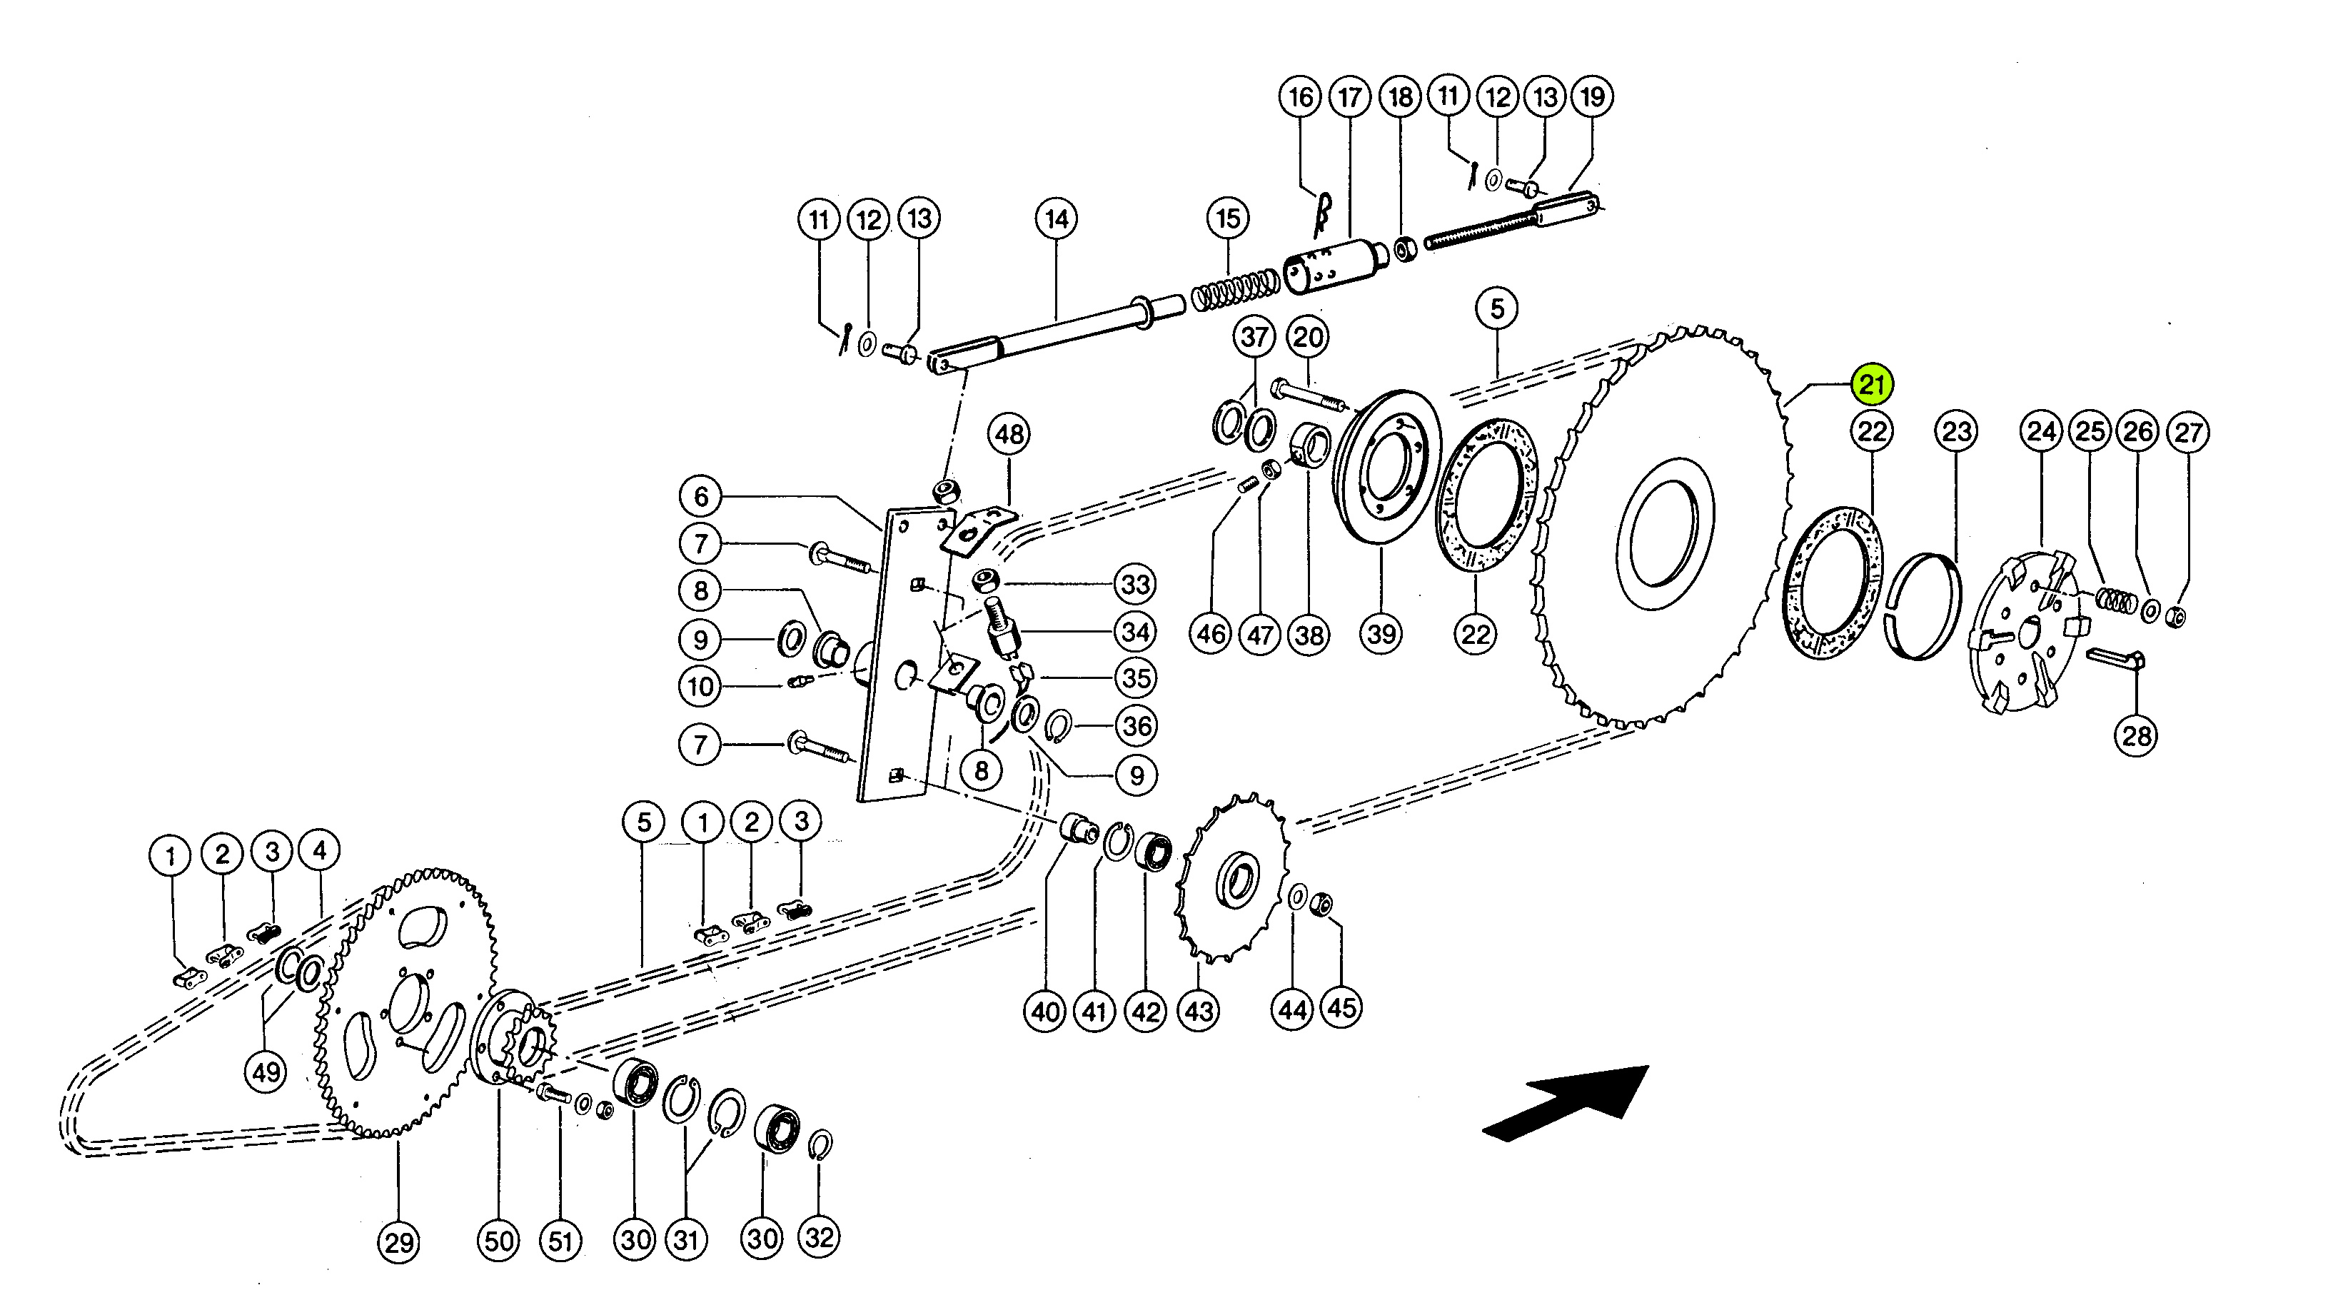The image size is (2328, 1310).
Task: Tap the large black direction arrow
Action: [1567, 1103]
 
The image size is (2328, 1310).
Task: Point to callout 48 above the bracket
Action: [1009, 435]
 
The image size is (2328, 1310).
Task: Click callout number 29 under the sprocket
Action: [398, 1243]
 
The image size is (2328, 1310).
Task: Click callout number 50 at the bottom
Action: [499, 1241]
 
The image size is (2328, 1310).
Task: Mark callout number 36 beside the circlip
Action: [1137, 725]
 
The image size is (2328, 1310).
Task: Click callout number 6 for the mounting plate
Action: [701, 496]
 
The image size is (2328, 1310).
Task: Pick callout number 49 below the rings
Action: [266, 1072]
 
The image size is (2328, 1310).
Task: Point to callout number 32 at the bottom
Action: [819, 1238]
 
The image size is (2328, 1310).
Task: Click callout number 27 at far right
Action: [2188, 433]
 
